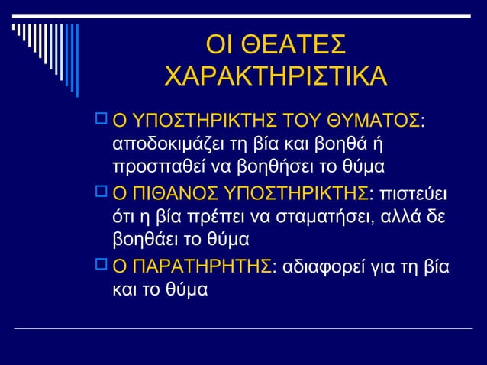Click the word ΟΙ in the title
pos(220,44)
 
